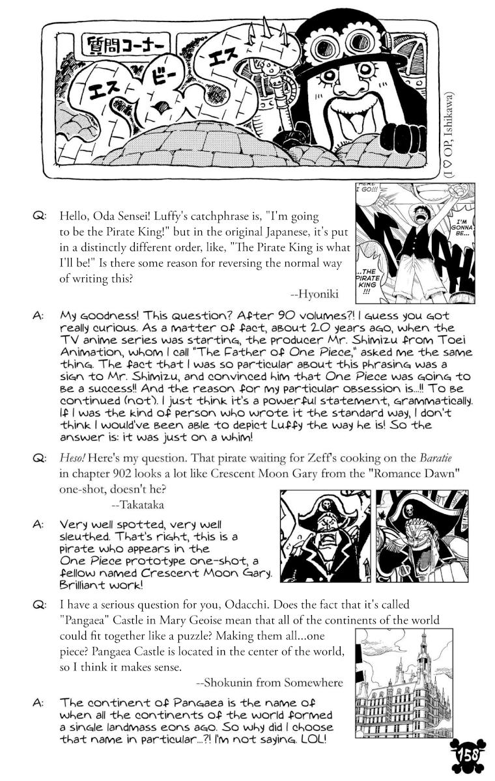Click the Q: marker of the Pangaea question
pyautogui.click(x=38, y=605)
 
